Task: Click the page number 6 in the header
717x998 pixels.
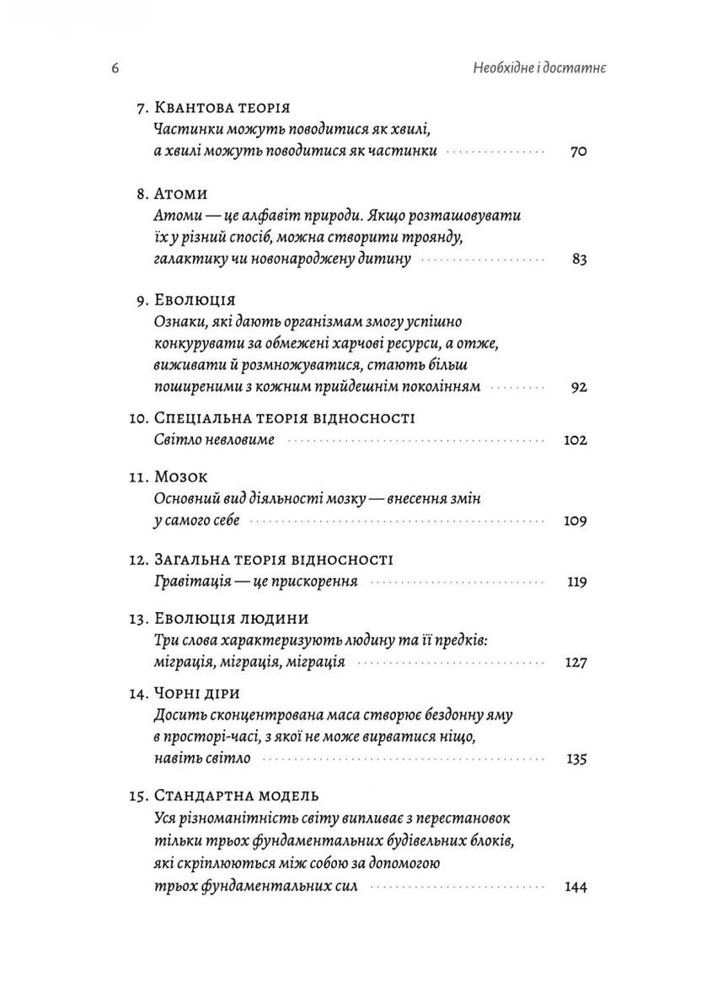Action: tap(115, 68)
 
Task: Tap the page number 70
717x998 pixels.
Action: tap(577, 153)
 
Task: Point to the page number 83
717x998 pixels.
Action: tap(578, 260)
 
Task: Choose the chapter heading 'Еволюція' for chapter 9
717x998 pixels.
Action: tap(195, 301)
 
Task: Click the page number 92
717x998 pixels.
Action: tap(578, 388)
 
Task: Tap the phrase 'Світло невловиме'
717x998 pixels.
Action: tap(215, 440)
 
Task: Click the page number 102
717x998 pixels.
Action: tap(575, 440)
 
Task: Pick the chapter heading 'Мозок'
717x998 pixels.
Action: tap(186, 477)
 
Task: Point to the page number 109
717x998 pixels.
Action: tap(575, 521)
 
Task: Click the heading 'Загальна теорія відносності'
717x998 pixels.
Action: tap(274, 560)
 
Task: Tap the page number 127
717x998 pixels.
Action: tap(575, 663)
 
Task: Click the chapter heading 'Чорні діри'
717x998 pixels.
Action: tap(198, 693)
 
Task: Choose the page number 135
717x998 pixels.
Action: tap(575, 759)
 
